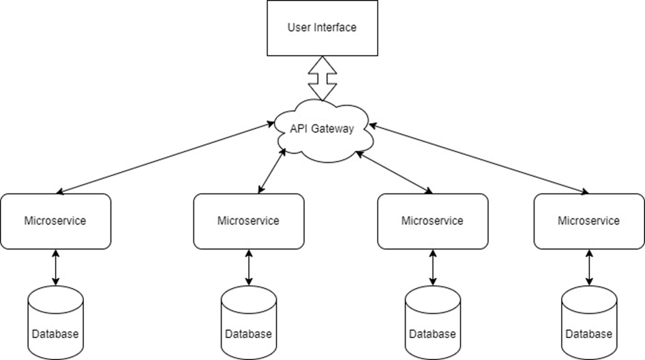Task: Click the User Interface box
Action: [322, 28]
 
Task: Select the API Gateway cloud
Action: [322, 129]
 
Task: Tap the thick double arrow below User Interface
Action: [322, 78]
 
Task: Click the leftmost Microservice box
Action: [55, 221]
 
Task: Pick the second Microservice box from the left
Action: [248, 221]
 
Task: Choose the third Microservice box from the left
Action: [432, 221]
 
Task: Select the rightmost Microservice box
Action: [589, 221]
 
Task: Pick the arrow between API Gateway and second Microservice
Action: [272, 171]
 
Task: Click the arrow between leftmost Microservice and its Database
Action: [55, 267]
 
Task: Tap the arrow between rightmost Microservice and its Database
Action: [589, 267]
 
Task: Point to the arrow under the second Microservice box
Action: [248, 267]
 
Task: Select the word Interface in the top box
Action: [334, 28]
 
